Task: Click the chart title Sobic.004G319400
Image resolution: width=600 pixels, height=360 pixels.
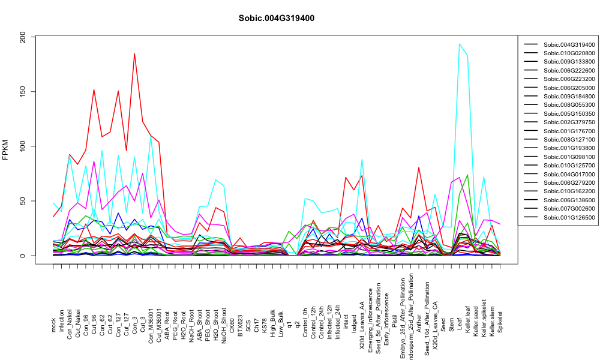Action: tap(276, 18)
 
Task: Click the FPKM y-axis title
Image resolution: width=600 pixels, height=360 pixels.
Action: tap(5, 150)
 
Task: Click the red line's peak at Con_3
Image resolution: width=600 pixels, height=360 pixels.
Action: tap(134, 53)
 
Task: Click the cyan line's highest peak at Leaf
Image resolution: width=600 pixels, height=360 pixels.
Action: tap(460, 44)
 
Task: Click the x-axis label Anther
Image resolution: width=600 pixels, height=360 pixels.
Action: tap(419, 323)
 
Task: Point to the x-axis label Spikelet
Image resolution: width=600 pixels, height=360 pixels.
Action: tap(500, 322)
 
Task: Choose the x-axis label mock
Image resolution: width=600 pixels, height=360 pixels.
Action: tap(53, 325)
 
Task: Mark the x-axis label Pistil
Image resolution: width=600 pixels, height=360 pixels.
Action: tap(395, 325)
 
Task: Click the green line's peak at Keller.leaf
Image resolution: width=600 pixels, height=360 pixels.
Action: tap(467, 175)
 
